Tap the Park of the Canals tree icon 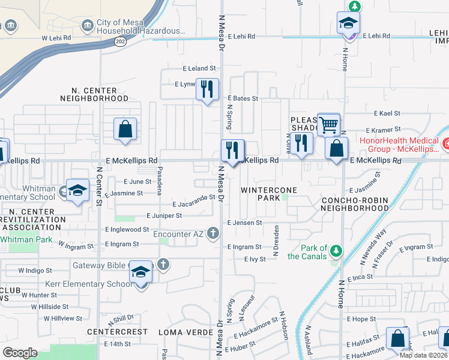coord(337,249)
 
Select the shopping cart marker coord(328,125)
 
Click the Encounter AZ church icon coord(212,233)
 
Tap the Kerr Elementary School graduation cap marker coord(140,273)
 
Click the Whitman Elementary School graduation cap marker coord(77,191)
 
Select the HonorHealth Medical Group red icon coord(445,144)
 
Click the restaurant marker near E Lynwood coord(207,89)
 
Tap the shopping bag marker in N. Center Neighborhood coord(125,129)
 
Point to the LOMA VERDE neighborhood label coord(185,332)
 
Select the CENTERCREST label coord(117,332)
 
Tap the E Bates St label coord(243,98)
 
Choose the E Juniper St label coord(164,215)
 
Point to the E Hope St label coord(364,319)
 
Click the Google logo coord(20,353)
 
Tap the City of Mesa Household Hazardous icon coord(88,24)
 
